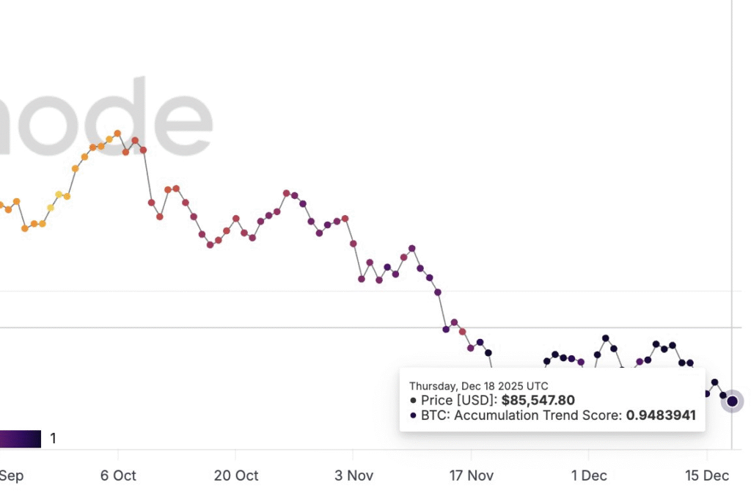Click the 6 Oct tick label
click(117, 476)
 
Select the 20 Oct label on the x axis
click(235, 476)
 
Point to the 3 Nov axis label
click(353, 476)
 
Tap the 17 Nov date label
click(472, 476)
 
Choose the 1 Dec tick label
click(589, 476)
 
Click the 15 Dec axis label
click(707, 476)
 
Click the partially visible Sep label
click(11, 476)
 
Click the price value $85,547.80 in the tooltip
click(538, 401)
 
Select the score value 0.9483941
click(660, 415)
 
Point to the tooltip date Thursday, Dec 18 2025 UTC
click(478, 386)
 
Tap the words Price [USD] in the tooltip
click(460, 401)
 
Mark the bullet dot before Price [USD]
click(414, 401)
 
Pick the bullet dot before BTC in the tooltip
click(414, 415)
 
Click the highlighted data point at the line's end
click(732, 401)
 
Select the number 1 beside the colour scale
click(54, 439)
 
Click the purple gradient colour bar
click(20, 439)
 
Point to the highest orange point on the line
click(117, 134)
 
